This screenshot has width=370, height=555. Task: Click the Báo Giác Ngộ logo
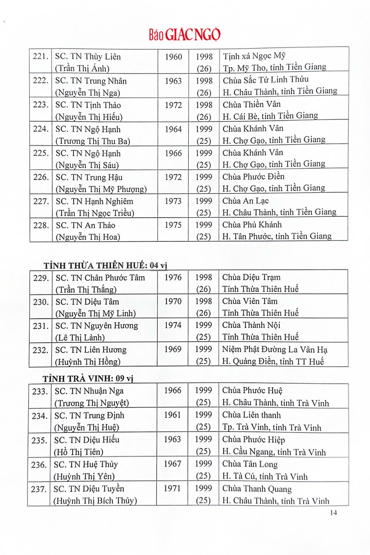click(x=185, y=35)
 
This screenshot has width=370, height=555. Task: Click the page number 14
click(x=333, y=513)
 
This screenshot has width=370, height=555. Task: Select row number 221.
click(x=40, y=57)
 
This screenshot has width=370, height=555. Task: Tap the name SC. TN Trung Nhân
click(x=91, y=81)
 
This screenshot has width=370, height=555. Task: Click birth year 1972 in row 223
click(x=173, y=105)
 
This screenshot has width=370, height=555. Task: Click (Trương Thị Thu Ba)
click(x=93, y=141)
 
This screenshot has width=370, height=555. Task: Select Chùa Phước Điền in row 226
click(x=253, y=177)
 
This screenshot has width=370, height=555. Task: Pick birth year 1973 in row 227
click(x=173, y=201)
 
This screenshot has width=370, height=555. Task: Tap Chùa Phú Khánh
click(x=252, y=225)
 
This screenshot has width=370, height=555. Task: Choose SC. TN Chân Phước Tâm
click(x=100, y=278)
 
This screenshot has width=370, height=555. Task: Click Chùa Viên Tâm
click(x=250, y=301)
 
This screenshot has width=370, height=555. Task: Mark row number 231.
click(x=40, y=326)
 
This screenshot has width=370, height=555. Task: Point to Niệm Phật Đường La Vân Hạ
click(x=275, y=349)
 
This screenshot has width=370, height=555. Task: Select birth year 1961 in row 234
click(x=172, y=415)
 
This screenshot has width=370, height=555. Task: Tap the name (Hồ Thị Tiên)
click(x=78, y=452)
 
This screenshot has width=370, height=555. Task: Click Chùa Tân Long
click(x=250, y=464)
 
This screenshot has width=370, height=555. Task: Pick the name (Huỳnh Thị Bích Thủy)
click(x=95, y=501)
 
